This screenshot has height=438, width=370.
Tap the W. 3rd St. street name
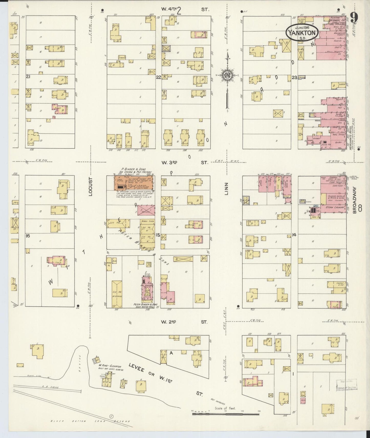[185, 162]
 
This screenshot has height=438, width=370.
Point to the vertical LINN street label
[226, 189]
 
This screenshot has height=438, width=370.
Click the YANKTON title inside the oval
[302, 33]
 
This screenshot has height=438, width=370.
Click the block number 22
[158, 77]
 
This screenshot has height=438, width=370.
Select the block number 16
[28, 236]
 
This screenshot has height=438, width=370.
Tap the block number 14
[294, 234]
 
